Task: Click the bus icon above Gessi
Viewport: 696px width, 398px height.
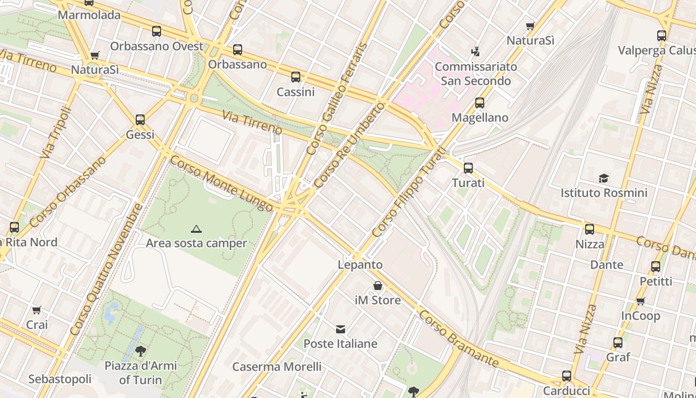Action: [x=140, y=120]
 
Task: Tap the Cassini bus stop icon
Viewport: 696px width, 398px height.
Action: [x=296, y=77]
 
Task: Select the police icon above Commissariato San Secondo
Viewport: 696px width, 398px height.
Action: [x=475, y=51]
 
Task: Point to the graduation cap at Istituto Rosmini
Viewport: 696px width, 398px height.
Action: [x=604, y=178]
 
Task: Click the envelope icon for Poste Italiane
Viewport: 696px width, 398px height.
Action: [x=341, y=329]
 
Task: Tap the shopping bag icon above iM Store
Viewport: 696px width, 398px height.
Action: [x=378, y=286]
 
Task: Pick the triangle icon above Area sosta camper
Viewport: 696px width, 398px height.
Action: [x=196, y=229]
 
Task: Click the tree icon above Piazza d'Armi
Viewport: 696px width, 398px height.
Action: [x=141, y=351]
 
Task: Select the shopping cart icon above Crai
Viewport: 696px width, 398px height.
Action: [x=36, y=310]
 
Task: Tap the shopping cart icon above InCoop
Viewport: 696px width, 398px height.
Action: [x=641, y=301]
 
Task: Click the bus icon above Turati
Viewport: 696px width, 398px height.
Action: [x=468, y=168]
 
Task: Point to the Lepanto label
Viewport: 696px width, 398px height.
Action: [x=360, y=265]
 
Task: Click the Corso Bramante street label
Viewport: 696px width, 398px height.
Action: [x=458, y=338]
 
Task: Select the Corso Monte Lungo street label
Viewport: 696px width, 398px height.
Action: [x=221, y=183]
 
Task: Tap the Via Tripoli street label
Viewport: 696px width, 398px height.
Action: [x=53, y=133]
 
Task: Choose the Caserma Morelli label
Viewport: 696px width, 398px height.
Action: [x=277, y=367]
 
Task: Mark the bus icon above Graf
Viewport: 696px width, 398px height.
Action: [x=618, y=343]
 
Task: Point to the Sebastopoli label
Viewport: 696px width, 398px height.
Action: [x=60, y=379]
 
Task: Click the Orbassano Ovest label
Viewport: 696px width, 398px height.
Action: [x=157, y=46]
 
